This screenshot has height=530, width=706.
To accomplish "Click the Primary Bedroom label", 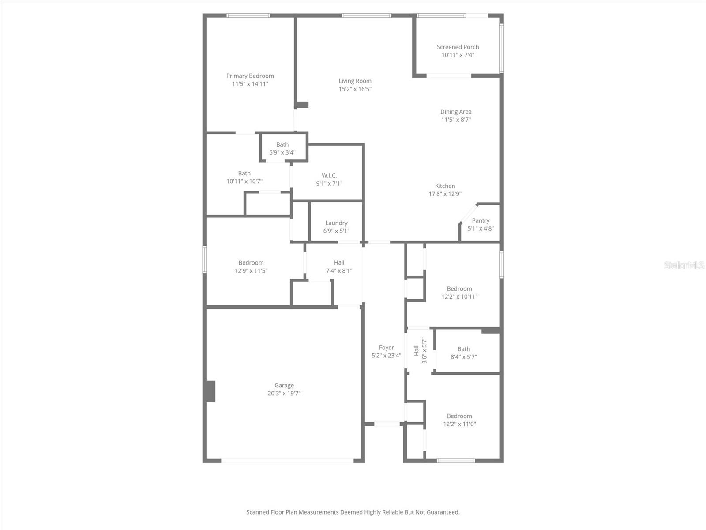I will (x=250, y=76).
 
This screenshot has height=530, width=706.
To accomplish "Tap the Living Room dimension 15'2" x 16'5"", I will (x=355, y=89).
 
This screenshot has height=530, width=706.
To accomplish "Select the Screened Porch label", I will (x=458, y=47).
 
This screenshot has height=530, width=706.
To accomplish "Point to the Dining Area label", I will (x=456, y=112).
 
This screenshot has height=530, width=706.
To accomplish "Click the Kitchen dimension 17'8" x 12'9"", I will (x=445, y=194).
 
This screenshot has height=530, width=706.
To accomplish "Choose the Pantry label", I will (x=481, y=220).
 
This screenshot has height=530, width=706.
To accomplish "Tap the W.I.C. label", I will (x=329, y=175).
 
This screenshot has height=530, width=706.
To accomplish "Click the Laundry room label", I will (x=336, y=223).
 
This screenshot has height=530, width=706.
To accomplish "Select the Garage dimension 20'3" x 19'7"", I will (x=284, y=394).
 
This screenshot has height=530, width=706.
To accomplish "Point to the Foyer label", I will (x=386, y=348).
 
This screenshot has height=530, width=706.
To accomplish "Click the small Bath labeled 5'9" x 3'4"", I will (x=282, y=148).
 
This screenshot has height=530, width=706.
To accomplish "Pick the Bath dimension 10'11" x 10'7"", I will (x=244, y=182).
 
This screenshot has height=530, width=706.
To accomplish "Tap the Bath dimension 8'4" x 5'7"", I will (x=463, y=357).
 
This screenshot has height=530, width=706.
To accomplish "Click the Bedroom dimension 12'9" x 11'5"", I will (x=251, y=271).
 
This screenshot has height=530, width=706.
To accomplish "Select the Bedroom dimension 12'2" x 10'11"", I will (x=459, y=297).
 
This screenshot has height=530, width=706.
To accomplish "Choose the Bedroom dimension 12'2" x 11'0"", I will (x=459, y=424).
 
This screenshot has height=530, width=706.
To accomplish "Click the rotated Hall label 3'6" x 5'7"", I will (x=420, y=351).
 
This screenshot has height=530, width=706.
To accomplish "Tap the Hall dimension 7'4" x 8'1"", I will (x=339, y=271).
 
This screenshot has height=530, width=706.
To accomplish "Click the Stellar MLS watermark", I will (x=684, y=265).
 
